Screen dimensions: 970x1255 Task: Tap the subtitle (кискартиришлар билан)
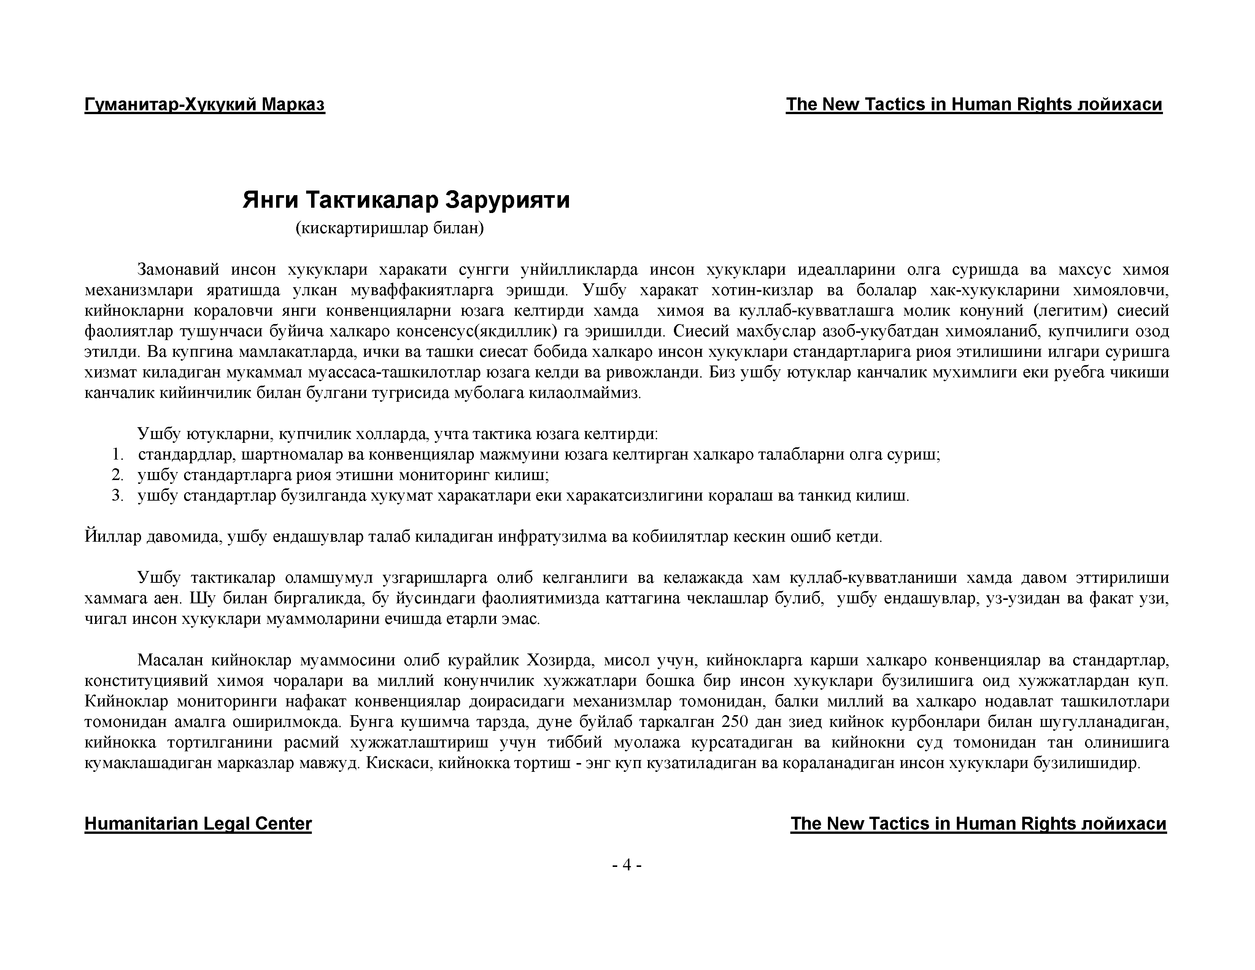pos(389,229)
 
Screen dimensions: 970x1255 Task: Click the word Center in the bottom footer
pos(283,824)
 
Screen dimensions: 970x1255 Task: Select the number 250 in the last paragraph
pos(734,722)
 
